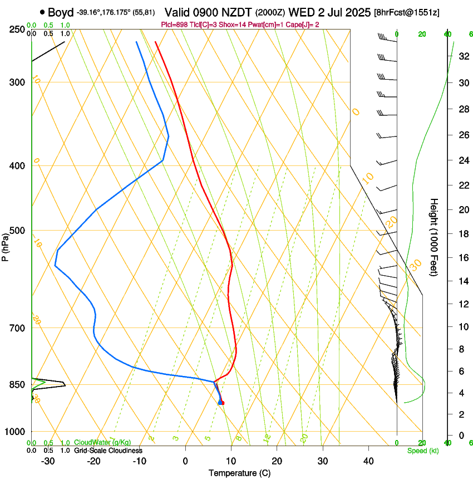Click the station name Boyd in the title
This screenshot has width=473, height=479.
[60, 12]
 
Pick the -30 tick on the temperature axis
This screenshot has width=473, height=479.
[48, 461]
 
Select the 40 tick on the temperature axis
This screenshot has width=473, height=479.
[368, 461]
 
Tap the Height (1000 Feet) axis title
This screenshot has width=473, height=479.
[433, 237]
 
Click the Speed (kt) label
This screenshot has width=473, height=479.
[422, 451]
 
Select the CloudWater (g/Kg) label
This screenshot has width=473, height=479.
[99, 443]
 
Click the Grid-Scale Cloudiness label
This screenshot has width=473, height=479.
[108, 451]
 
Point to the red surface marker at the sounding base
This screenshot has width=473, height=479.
[221, 402]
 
